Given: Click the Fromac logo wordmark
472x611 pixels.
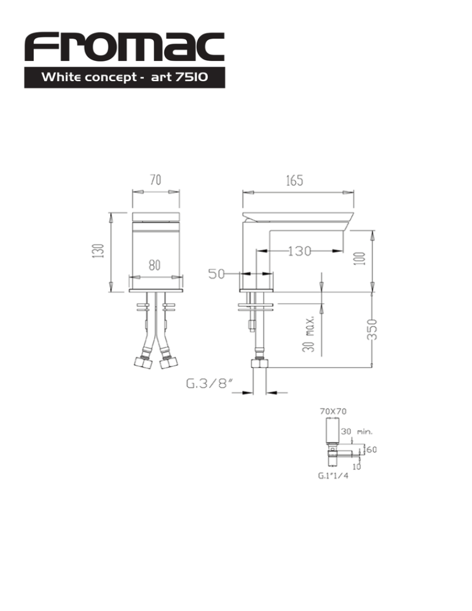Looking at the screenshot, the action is pyautogui.click(x=124, y=47).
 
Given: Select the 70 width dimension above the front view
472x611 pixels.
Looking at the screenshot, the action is pyautogui.click(x=155, y=180).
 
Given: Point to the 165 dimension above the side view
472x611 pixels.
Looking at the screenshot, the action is pyautogui.click(x=294, y=181).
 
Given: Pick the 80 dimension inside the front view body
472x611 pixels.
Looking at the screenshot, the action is pyautogui.click(x=154, y=265).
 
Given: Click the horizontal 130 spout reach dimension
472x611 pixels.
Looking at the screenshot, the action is pyautogui.click(x=299, y=251).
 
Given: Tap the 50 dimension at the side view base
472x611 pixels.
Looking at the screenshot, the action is pyautogui.click(x=217, y=274).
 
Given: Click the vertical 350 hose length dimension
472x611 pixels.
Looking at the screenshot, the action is pyautogui.click(x=372, y=329).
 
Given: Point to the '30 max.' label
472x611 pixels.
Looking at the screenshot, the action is pyautogui.click(x=309, y=334).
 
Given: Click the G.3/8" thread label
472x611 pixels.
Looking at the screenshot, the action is pyautogui.click(x=210, y=384).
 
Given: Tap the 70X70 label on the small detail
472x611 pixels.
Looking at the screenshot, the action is pyautogui.click(x=333, y=411).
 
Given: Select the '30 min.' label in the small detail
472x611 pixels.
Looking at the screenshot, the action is pyautogui.click(x=356, y=432).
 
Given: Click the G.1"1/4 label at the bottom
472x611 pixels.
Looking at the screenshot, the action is pyautogui.click(x=333, y=475).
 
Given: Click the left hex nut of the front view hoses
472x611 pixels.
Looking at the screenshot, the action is pyautogui.click(x=143, y=363).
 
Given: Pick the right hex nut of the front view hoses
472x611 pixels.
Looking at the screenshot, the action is pyautogui.click(x=168, y=363).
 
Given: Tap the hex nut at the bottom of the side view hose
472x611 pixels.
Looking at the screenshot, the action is pyautogui.click(x=259, y=363).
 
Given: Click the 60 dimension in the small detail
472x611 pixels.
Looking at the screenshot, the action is pyautogui.click(x=371, y=449).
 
